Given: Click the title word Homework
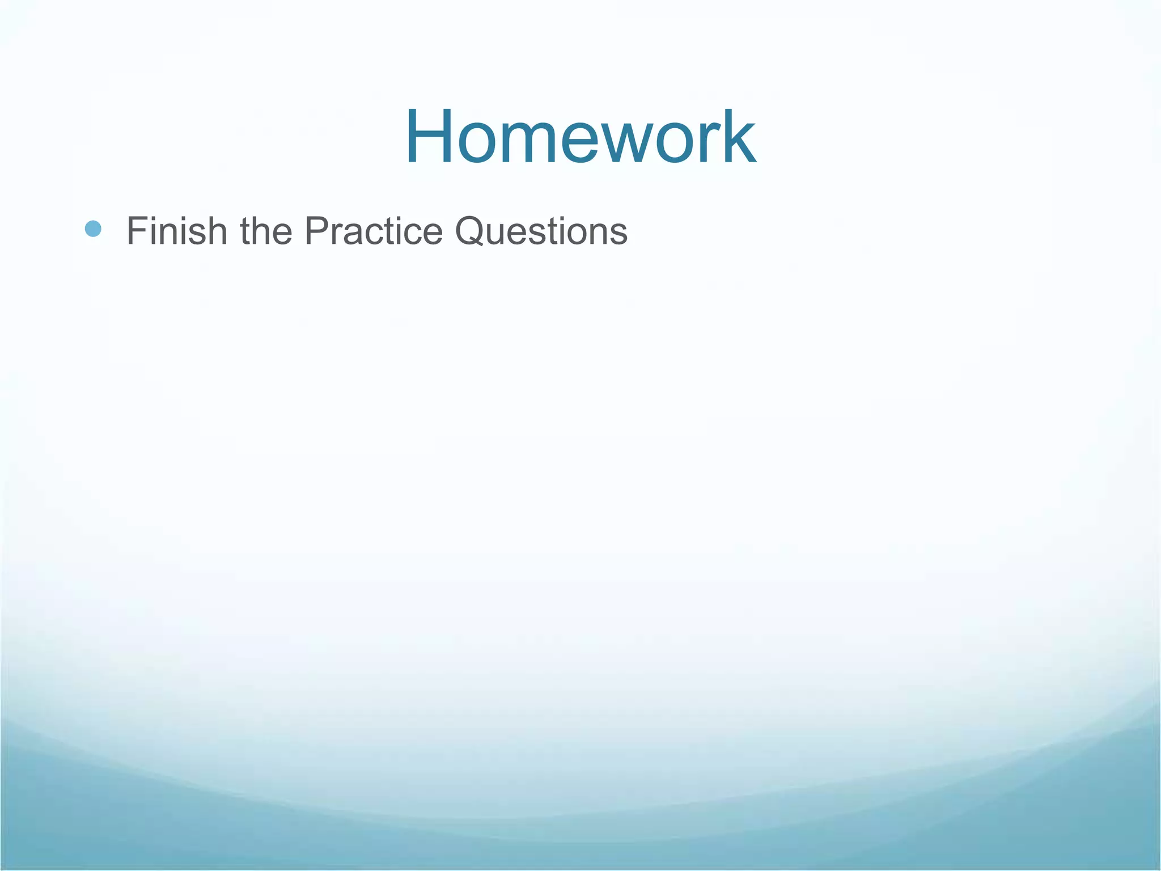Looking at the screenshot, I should pos(580,138).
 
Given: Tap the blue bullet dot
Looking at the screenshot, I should pos(93,229).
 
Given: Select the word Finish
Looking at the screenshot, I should pos(176,231).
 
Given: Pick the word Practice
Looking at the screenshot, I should pos(374,231).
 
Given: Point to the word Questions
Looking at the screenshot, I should pos(541,232).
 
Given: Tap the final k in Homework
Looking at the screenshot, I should pos(739,138).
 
